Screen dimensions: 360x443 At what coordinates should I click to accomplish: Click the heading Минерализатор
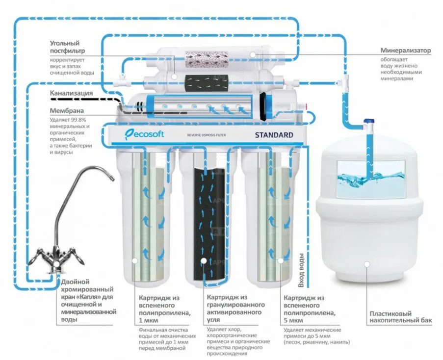pos(406,50)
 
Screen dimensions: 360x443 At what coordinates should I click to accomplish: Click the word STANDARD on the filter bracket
pos(274,135)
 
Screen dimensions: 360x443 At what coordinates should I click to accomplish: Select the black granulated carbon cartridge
pos(205,221)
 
